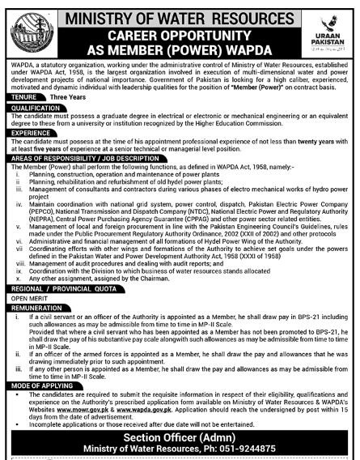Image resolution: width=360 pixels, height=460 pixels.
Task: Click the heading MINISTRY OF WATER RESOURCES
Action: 178,14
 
